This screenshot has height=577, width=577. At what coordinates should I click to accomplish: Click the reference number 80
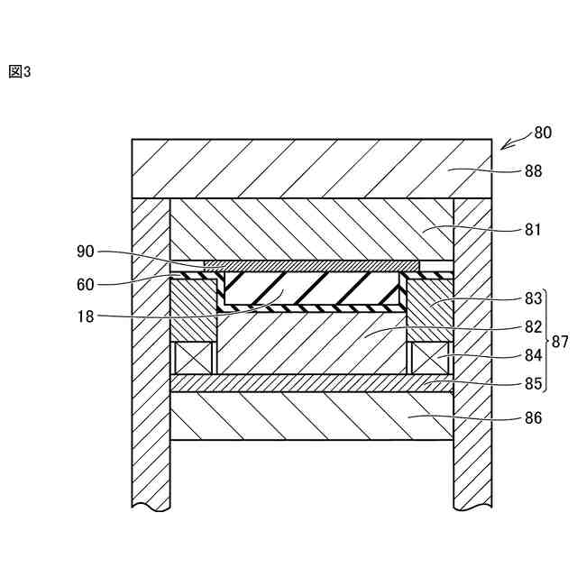click(x=542, y=133)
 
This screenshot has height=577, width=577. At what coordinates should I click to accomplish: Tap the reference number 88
click(x=533, y=170)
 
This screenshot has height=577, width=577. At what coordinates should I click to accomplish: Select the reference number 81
click(x=533, y=229)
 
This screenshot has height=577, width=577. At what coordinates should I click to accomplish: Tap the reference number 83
click(x=533, y=298)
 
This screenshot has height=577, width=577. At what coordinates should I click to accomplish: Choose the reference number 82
click(x=533, y=326)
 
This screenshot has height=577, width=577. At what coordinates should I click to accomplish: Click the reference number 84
click(x=533, y=356)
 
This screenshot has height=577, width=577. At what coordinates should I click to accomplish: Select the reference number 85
click(x=533, y=382)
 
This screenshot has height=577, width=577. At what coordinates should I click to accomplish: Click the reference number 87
click(x=561, y=341)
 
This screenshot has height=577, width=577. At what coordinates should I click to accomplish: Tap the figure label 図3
click(x=19, y=72)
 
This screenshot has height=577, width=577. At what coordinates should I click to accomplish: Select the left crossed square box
click(x=195, y=358)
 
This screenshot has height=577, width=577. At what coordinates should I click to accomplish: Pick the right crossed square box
click(x=430, y=358)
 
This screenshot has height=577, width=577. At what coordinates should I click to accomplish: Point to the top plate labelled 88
click(x=311, y=169)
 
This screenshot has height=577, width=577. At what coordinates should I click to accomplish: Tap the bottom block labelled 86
click(x=311, y=416)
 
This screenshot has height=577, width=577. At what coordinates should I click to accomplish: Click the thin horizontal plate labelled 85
click(x=311, y=383)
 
